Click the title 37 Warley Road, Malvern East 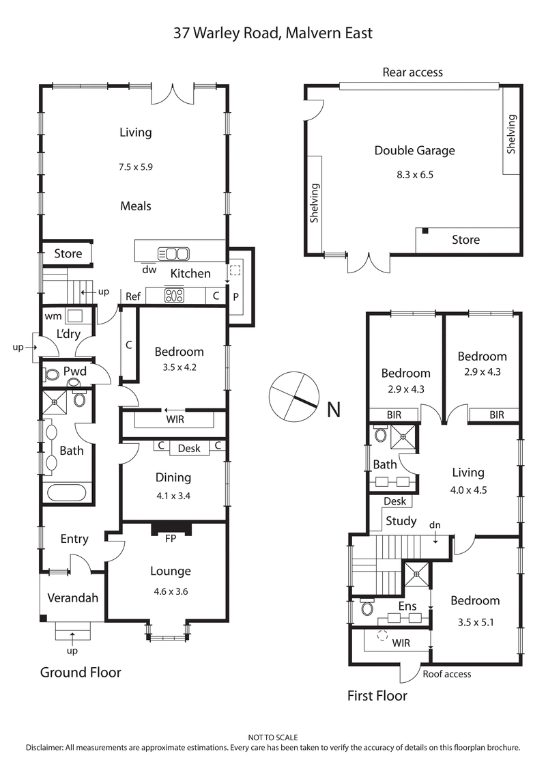[x=272, y=32]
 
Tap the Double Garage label [x=414, y=150]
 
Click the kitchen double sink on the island [x=173, y=253]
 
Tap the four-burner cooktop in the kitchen [x=175, y=296]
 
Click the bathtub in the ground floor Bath [x=65, y=492]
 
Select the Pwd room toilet [x=51, y=375]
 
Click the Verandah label [x=73, y=598]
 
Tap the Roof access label [x=446, y=674]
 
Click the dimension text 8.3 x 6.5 [x=414, y=174]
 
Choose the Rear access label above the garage [x=412, y=72]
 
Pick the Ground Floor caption [x=81, y=673]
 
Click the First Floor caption [x=377, y=696]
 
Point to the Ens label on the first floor [x=407, y=606]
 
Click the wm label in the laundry [x=53, y=316]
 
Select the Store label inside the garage [x=465, y=240]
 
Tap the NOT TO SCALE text [x=272, y=737]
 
